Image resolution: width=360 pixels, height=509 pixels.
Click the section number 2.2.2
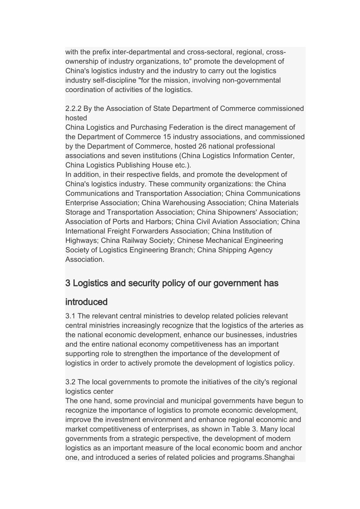[74, 109]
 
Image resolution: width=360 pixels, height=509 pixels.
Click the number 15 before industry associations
[167, 137]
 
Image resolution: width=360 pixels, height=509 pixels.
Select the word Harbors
[158, 222]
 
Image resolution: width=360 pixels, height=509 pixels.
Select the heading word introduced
[86, 302]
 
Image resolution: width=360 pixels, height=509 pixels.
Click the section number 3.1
[70, 316]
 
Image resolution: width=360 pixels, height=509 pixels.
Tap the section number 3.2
[70, 382]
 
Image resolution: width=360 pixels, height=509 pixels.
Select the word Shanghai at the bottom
[279, 457]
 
